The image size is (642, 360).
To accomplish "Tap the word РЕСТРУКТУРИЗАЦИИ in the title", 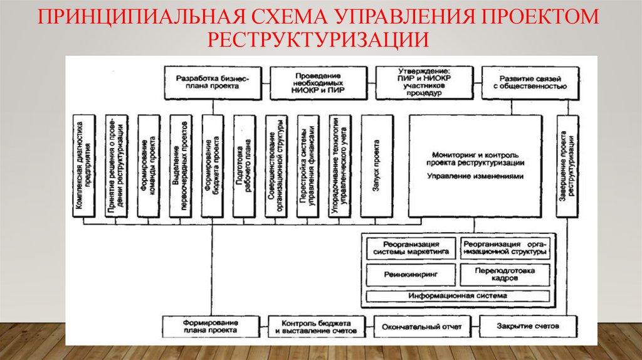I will coord(320,39).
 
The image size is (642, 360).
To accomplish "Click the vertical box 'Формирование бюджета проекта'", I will coord(213,166).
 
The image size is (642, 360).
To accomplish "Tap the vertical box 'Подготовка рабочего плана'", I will coord(244,166).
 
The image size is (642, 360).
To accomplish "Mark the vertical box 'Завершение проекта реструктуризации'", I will coord(567,166).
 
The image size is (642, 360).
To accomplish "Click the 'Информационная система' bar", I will coord(457,295).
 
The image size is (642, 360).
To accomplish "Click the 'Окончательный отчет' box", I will coord(426,326).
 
